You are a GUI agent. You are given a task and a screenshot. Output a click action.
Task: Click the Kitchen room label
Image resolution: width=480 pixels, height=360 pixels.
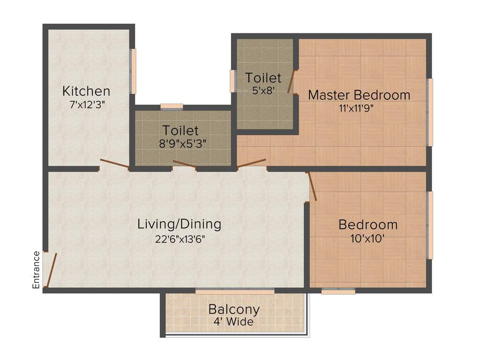tap(86, 91)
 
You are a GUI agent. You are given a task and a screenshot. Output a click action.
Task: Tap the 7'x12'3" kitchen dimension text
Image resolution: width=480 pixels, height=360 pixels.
tap(87, 105)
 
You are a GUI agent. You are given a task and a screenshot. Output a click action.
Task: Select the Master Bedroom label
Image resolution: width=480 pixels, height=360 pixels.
tap(359, 95)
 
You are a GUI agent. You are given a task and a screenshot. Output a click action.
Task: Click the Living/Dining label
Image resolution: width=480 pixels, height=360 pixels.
tap(179, 224)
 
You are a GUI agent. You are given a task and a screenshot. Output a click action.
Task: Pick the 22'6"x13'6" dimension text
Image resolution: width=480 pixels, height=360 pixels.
tap(180, 239)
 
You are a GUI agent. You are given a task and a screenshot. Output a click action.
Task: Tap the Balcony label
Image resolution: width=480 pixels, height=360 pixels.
tap(234, 309)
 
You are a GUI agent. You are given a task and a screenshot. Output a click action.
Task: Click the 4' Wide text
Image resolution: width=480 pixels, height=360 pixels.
tap(233, 322)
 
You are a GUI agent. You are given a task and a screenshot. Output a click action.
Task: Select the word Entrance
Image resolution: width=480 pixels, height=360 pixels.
tap(36, 270)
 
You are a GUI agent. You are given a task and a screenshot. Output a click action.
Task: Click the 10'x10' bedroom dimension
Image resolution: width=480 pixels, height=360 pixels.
tap(368, 239)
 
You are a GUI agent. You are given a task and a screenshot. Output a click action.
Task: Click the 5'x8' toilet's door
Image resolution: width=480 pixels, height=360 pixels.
tap(292, 82)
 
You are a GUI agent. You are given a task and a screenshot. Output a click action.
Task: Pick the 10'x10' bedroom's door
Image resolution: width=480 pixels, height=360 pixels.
tap(313, 187)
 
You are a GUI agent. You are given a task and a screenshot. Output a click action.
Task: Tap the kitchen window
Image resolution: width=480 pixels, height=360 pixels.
tap(134, 71)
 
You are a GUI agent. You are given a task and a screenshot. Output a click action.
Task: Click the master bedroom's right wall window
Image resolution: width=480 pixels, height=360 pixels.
tap(430, 112)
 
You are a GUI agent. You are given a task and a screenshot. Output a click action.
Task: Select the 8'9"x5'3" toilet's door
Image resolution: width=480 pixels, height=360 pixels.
tap(185, 163)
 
